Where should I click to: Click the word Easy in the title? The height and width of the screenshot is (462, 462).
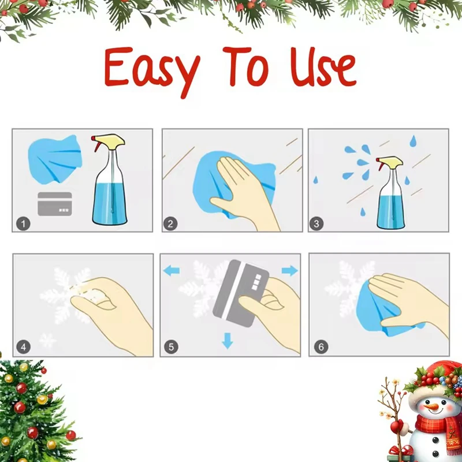[x=152, y=68]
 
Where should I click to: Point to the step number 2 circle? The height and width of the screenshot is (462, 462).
[x=170, y=223]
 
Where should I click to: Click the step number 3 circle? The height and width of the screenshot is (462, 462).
[x=316, y=223]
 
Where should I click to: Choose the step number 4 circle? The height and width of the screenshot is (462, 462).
[x=24, y=347]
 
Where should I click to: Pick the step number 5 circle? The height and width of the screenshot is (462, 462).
[x=171, y=347]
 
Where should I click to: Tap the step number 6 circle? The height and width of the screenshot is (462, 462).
[x=321, y=347]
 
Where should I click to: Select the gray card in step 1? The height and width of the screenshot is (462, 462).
[x=55, y=204]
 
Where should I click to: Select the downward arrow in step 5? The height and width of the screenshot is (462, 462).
[x=228, y=342]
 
